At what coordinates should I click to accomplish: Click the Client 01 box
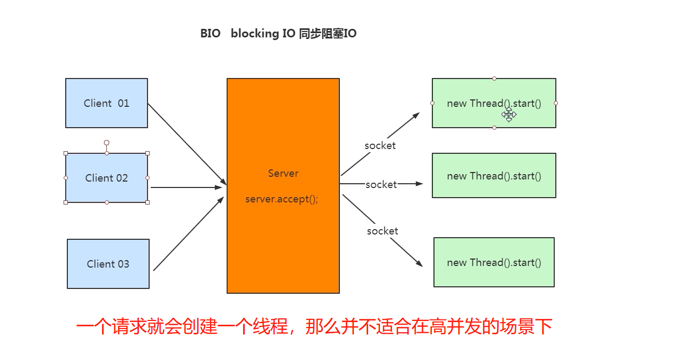(x=106, y=103)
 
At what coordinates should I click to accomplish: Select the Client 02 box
(x=106, y=178)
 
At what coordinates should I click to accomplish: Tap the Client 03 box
(x=108, y=264)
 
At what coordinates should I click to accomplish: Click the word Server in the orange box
(x=283, y=174)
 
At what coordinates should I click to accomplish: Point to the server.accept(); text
(x=282, y=199)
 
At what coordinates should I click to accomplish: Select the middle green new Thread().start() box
(x=494, y=176)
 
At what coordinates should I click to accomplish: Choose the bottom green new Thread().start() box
(x=494, y=262)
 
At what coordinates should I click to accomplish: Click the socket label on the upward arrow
(x=380, y=145)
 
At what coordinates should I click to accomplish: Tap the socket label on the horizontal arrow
(x=381, y=184)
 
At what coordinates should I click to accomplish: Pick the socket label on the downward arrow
(x=382, y=231)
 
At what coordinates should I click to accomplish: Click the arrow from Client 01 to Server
(x=187, y=144)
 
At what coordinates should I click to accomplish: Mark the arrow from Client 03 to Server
(x=188, y=233)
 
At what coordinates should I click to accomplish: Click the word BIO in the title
(x=210, y=34)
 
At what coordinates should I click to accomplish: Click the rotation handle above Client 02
(x=106, y=143)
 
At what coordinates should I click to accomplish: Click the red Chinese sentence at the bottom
(x=314, y=326)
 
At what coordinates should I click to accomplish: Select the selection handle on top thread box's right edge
(x=556, y=103)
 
